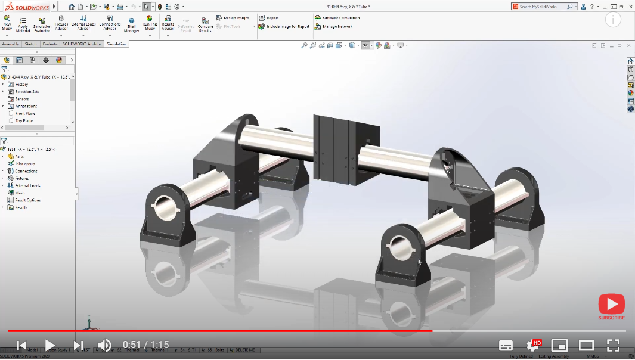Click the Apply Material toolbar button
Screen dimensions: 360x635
(23, 24)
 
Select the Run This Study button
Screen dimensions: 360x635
(150, 24)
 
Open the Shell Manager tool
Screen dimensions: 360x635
(131, 24)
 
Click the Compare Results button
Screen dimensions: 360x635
(205, 24)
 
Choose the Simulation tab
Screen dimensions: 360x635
(116, 44)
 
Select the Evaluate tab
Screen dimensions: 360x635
(50, 44)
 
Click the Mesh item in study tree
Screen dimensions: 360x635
(20, 193)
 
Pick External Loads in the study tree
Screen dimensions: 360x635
(27, 186)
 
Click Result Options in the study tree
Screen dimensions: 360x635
(27, 200)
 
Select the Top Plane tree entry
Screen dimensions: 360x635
(24, 121)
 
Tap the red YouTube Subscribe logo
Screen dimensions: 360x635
(611, 305)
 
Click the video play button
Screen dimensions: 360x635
(50, 345)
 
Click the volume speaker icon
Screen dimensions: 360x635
(104, 345)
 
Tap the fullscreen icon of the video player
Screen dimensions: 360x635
(612, 345)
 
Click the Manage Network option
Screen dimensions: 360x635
(337, 27)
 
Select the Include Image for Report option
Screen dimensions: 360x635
(287, 27)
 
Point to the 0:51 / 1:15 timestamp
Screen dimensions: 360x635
(145, 345)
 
